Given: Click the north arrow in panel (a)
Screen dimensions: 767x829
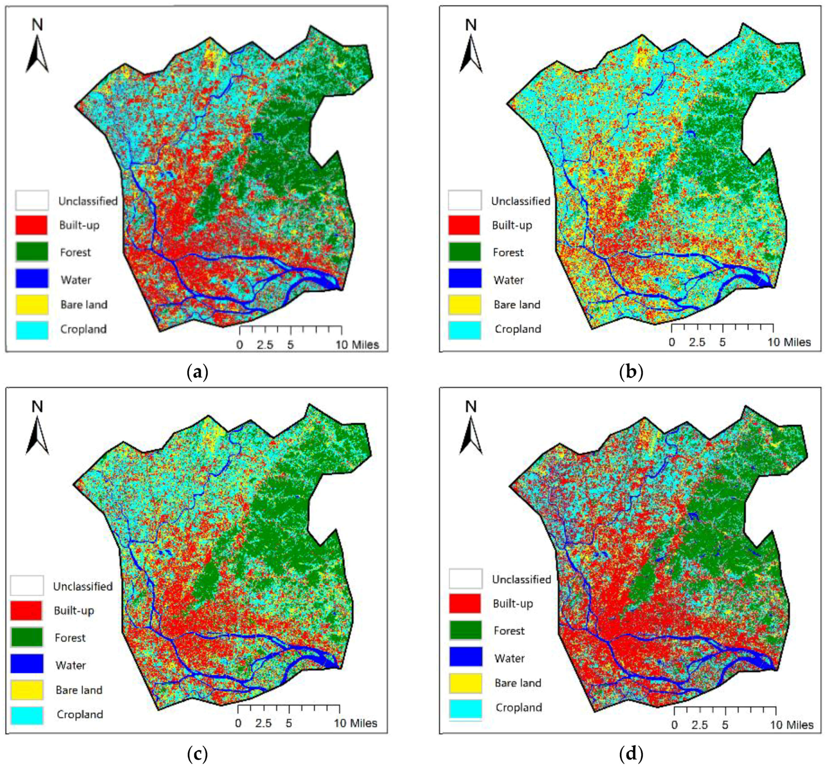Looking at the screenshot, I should [37, 54].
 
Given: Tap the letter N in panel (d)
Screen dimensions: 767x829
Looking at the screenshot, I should [471, 407].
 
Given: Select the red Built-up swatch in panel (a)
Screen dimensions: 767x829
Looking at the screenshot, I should [32, 225].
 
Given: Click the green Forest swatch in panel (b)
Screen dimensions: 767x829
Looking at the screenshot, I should [464, 252].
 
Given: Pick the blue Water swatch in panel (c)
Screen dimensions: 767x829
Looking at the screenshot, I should [27, 663].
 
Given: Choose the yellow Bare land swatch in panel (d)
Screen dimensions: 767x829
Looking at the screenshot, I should [465, 683].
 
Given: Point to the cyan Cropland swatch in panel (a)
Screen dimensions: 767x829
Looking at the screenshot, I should [32, 330].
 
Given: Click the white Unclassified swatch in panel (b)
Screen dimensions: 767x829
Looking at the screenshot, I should [464, 200].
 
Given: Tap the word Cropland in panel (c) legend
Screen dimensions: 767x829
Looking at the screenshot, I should [80, 714].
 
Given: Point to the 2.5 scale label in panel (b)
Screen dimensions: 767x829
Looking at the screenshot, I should [697, 342].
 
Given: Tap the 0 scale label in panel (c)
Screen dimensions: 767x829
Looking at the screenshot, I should [238, 724].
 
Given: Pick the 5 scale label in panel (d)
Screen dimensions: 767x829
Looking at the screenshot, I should [725, 725].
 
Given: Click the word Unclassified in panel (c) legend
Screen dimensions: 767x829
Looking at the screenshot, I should [83, 586].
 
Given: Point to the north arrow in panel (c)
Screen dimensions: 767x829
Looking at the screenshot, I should [37, 436].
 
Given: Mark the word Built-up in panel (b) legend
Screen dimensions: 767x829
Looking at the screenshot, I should [512, 225].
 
